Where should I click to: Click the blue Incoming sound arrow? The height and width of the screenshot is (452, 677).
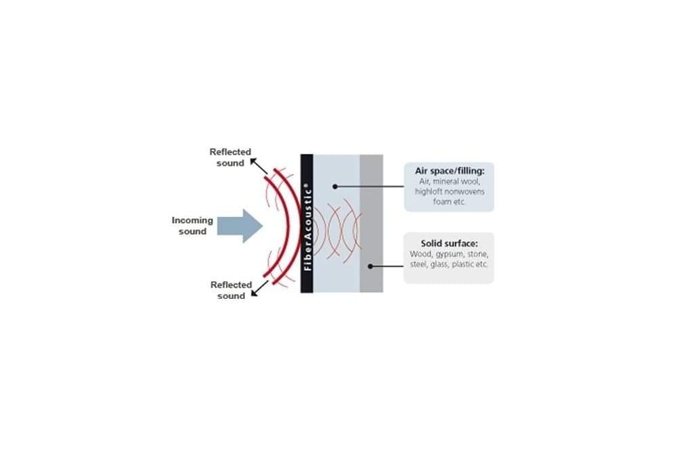[240, 226]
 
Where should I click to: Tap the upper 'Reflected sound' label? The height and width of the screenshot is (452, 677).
[230, 157]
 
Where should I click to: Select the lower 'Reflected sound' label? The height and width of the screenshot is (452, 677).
[231, 291]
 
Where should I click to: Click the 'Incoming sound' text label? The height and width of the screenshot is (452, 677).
[192, 226]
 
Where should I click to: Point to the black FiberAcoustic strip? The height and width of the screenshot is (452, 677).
[307, 224]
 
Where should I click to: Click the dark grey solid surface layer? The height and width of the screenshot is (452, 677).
[371, 224]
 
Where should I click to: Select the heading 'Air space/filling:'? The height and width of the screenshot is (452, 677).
[450, 171]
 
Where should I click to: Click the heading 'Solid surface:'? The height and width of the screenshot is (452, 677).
[449, 244]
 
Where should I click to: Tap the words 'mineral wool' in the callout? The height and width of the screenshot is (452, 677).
[456, 182]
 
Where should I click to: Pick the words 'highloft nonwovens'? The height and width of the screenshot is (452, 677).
[450, 191]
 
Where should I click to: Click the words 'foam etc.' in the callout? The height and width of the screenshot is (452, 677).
[449, 202]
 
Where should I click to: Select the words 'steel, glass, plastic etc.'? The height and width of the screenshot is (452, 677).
[449, 264]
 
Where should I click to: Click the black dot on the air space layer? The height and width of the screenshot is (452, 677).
[334, 186]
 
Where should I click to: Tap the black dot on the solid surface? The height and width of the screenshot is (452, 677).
[370, 266]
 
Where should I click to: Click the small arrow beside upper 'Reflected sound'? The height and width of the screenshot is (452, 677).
[259, 167]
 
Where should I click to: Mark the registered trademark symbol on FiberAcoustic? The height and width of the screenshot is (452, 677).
[307, 186]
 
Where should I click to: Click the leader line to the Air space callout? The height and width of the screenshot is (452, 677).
[369, 186]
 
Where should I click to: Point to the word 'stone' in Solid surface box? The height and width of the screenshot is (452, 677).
[477, 254]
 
